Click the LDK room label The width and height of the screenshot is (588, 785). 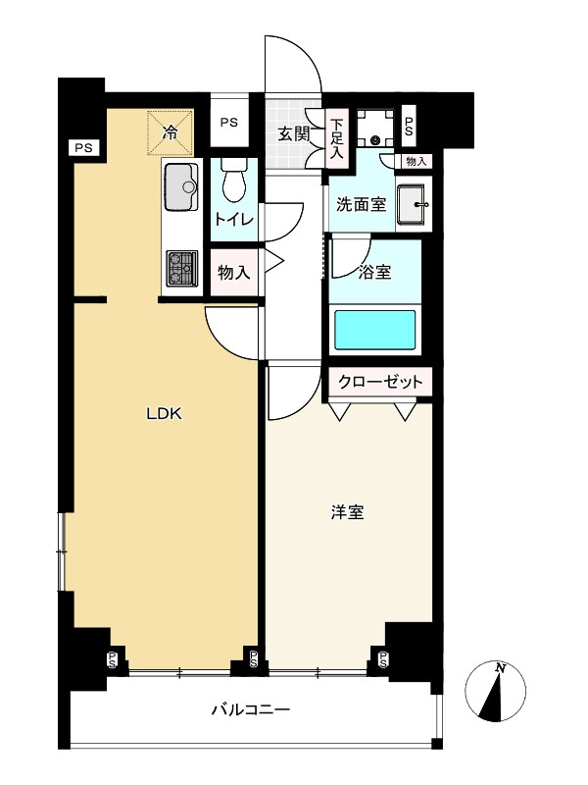(165, 413)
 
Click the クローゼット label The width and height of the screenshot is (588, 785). (380, 381)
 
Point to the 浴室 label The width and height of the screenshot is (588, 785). (375, 272)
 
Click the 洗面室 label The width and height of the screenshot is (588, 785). (362, 205)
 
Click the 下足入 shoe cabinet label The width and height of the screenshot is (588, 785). (336, 138)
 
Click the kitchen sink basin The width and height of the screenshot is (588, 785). (179, 186)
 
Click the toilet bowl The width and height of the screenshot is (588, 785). (234, 182)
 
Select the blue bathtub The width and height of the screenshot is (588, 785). (376, 330)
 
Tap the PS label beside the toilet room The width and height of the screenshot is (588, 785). (228, 123)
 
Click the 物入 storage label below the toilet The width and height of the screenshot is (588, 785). (233, 273)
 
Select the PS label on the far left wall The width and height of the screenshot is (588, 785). (81, 147)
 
